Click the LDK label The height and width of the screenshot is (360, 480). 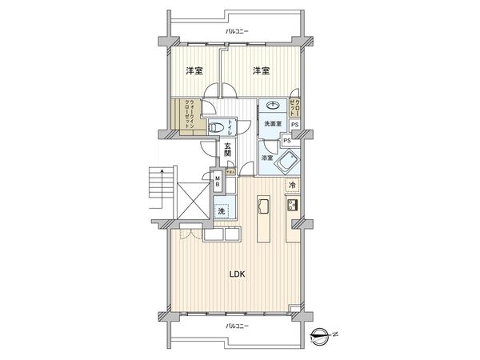pyautogui.click(x=237, y=274)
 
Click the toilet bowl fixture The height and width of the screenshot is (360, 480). pyautogui.click(x=214, y=128)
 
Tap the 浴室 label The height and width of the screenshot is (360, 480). pyautogui.click(x=267, y=158)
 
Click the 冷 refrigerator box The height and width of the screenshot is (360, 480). pyautogui.click(x=292, y=186)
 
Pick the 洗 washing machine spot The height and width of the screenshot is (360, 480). pyautogui.click(x=222, y=211)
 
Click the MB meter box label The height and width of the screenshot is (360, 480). pyautogui.click(x=217, y=182)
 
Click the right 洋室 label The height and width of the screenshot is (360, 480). pyautogui.click(x=261, y=72)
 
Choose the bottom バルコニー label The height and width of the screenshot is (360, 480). pyautogui.click(x=237, y=326)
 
